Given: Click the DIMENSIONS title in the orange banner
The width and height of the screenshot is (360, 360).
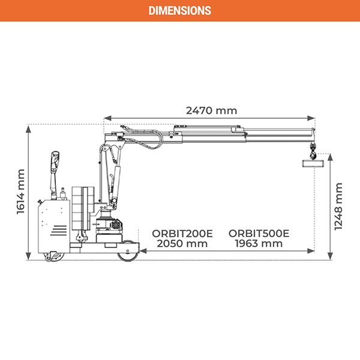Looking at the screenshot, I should point(179,10).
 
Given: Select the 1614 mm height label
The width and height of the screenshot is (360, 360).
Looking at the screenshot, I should point(20,191).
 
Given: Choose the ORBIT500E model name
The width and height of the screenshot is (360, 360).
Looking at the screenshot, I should point(259,233).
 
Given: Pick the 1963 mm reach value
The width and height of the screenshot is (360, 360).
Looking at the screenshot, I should point(259,244).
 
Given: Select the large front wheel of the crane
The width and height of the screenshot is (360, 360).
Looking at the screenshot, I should point(128,254).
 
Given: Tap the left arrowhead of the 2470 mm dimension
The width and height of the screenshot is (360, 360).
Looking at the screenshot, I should point(106,118).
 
